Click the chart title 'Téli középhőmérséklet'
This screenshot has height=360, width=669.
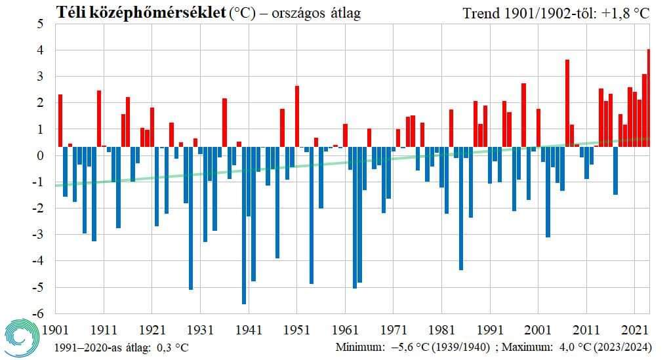pyautogui.click(x=141, y=12)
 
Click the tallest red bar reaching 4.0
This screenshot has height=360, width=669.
pyautogui.click(x=648, y=98)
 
